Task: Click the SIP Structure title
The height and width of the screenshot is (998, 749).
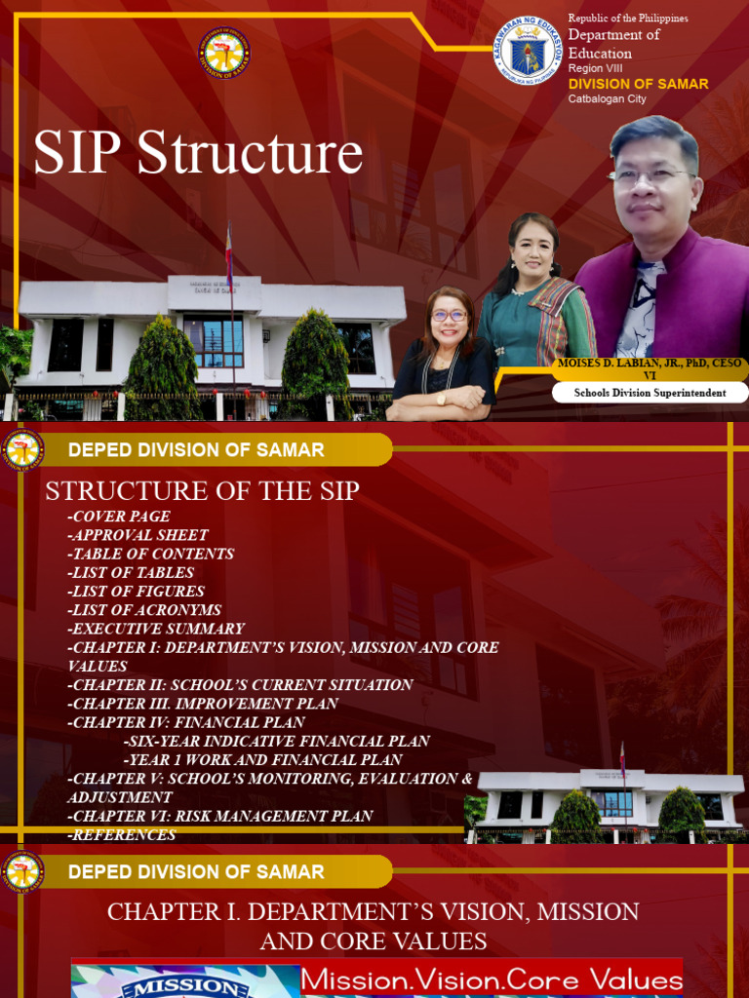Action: coord(198,154)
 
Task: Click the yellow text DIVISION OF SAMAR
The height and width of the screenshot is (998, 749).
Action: coord(638,84)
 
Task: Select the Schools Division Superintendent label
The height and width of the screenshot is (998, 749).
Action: coord(650,392)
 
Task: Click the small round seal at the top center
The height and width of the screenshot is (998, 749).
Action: coord(224,53)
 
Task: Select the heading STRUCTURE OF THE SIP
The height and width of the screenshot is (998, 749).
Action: coord(203,491)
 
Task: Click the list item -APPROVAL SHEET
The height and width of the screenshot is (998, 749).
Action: coord(138,535)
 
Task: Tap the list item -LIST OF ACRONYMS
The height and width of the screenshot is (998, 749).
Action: coord(144,610)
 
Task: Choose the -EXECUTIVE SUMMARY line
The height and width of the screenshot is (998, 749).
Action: coord(156,629)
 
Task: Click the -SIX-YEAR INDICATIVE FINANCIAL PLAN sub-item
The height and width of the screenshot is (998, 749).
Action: coord(277,741)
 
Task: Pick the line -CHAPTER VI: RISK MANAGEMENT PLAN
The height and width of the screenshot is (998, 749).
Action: coord(220,816)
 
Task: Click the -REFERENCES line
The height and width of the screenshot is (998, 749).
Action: coord(122,834)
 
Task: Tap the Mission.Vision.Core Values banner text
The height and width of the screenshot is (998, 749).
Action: coord(492,979)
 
